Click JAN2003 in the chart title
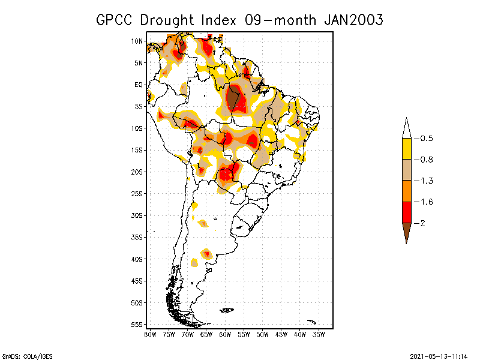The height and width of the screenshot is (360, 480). point(353,20)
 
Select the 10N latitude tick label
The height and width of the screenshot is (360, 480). point(137,41)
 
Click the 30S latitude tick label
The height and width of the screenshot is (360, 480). point(137,215)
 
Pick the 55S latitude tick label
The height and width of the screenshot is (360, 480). point(137,325)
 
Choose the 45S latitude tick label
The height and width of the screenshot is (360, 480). point(137,281)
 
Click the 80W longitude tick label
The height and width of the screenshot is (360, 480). point(150,334)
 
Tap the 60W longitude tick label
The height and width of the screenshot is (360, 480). point(225,334)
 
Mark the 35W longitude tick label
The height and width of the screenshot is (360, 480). point(319,334)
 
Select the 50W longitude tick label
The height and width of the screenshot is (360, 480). point(262,334)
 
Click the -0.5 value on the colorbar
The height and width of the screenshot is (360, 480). point(426,139)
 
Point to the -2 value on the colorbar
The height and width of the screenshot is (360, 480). point(422,223)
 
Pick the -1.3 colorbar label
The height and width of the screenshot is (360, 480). point(426,181)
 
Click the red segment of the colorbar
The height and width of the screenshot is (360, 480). point(406,212)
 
